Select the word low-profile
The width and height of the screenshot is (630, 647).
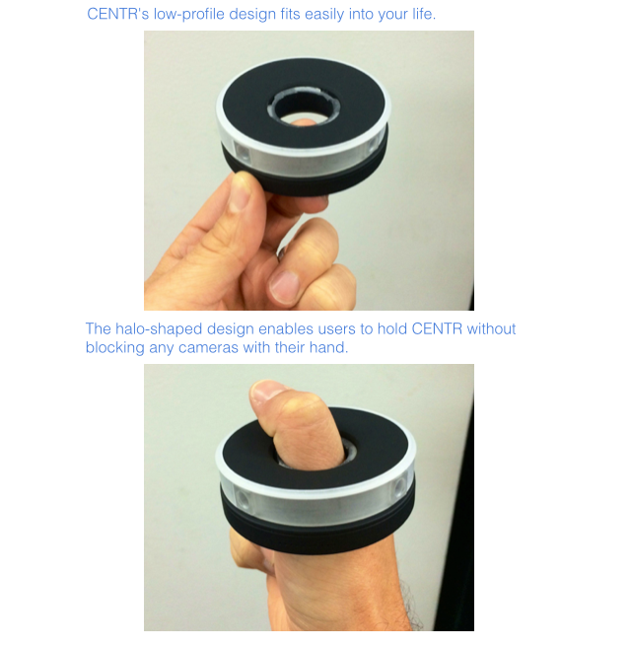click(x=189, y=15)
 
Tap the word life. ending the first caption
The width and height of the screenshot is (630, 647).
click(x=424, y=14)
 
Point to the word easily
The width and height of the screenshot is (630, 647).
click(x=323, y=15)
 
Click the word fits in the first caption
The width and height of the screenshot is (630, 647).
click(x=290, y=14)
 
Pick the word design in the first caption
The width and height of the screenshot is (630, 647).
click(x=252, y=15)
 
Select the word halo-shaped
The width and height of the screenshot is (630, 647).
click(x=159, y=329)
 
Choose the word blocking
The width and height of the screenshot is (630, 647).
click(x=114, y=348)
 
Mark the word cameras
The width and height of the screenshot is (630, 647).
click(x=208, y=348)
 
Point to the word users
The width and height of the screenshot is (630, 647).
click(x=336, y=329)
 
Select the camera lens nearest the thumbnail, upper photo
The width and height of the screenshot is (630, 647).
click(x=243, y=152)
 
